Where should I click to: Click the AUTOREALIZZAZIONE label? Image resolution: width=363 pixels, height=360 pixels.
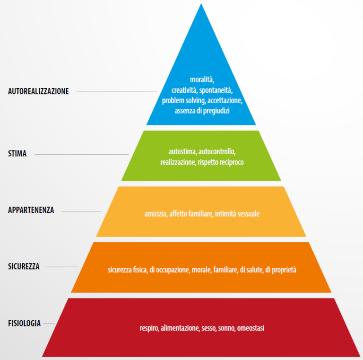[x=38, y=92]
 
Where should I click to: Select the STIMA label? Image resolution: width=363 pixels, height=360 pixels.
[x=17, y=154]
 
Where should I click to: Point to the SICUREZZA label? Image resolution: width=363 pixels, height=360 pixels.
[x=24, y=266]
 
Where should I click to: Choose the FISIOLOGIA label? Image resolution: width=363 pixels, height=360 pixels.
[x=25, y=324]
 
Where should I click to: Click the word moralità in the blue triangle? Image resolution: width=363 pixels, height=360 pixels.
[x=202, y=79]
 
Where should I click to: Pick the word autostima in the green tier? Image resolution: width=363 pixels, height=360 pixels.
[x=182, y=152]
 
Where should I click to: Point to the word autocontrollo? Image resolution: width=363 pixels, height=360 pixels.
[x=217, y=152]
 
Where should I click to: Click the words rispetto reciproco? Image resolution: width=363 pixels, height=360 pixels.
[x=223, y=162]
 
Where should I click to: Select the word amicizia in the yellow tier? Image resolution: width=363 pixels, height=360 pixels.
[x=156, y=214]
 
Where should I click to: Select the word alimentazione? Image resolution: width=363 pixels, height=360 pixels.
[x=180, y=327]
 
